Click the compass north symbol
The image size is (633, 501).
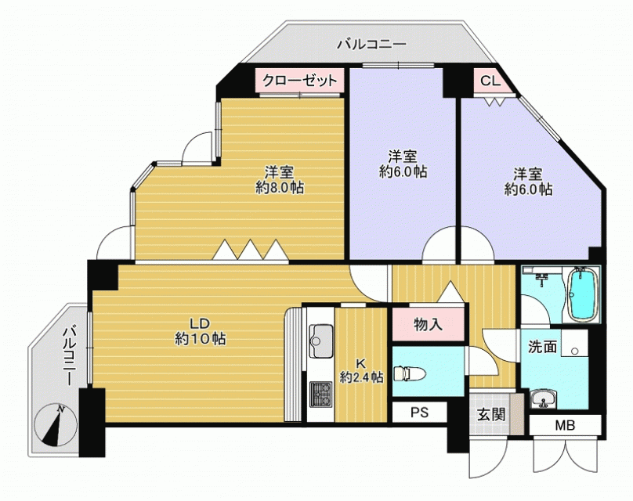tap(55, 425)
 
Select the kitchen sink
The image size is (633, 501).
tap(321, 341)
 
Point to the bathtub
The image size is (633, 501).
tap(582, 295)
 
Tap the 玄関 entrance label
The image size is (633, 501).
tap(491, 414)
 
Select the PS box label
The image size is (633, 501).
tap(419, 413)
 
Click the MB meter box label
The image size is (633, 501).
tap(565, 425)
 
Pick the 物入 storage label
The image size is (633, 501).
tap(428, 324)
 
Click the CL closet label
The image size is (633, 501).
tap(490, 81)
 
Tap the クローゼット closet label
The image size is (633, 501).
tap(299, 81)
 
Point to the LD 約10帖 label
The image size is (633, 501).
tap(200, 332)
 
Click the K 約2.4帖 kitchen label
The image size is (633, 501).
tap(361, 370)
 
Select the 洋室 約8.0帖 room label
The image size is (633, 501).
tap(280, 180)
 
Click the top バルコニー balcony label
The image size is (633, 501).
tap(371, 44)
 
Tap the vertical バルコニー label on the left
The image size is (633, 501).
tap(68, 355)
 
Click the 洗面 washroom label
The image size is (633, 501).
tap(542, 347)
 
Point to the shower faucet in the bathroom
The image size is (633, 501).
tap(542, 278)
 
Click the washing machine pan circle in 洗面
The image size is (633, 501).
tap(574, 351)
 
